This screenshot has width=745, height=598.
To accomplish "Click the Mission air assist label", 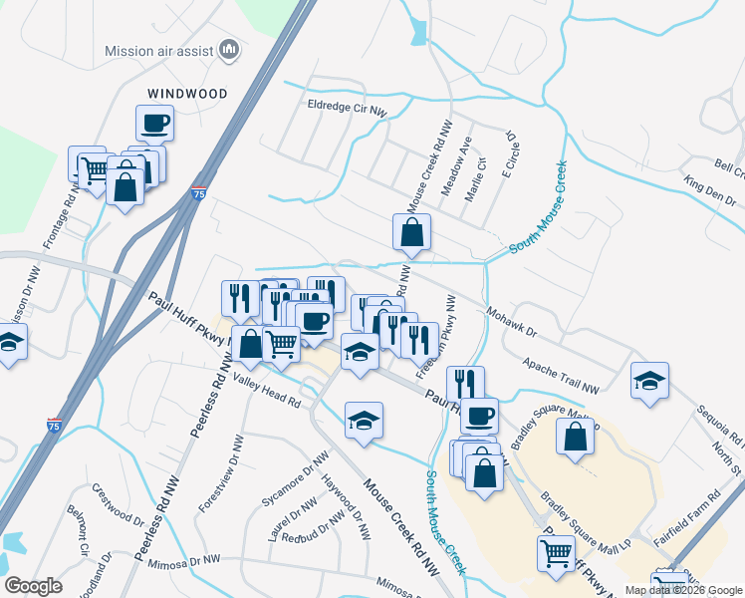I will tap(159, 50).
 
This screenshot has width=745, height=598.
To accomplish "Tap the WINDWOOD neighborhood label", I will tap(187, 93).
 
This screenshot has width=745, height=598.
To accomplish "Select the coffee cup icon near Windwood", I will tap(154, 124).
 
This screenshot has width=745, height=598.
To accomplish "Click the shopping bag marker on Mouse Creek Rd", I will tap(411, 233).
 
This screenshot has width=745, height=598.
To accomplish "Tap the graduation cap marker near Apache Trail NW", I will tap(649, 380).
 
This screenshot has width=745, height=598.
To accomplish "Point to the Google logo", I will tap(33, 586).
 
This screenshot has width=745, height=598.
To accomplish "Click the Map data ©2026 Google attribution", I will tap(683, 590).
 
